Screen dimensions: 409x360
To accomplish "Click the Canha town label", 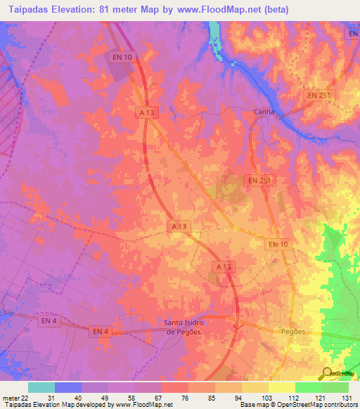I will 264,112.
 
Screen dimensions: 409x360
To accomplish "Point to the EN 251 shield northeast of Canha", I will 319,95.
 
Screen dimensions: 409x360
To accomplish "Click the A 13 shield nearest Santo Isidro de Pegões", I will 222,267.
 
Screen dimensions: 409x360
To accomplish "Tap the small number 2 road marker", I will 238,321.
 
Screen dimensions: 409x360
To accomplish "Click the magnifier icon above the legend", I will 328,373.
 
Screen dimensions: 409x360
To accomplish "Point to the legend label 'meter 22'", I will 13,398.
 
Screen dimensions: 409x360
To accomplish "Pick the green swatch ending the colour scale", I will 335,387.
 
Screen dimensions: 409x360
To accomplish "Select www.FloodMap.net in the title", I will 221,11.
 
